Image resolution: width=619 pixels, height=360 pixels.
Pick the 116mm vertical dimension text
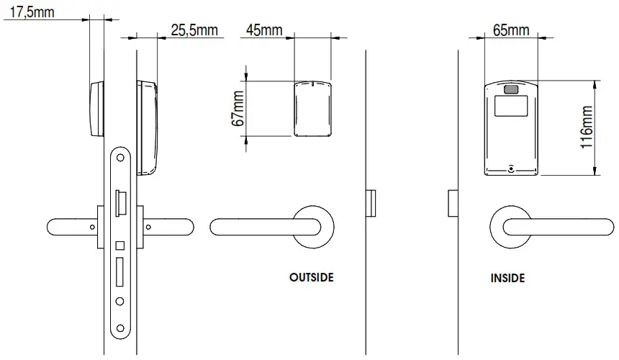coord(587,127)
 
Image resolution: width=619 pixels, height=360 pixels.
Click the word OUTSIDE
coord(312,277)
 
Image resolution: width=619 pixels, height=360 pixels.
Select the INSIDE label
coord(507,277)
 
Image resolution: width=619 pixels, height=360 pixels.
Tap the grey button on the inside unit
coord(512,90)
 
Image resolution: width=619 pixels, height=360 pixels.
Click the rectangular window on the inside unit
coord(512,107)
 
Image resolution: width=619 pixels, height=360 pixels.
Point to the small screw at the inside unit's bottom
coord(511,169)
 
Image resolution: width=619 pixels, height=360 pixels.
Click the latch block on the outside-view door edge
coord(371,203)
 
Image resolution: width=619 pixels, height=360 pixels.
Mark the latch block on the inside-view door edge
coord(453,203)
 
